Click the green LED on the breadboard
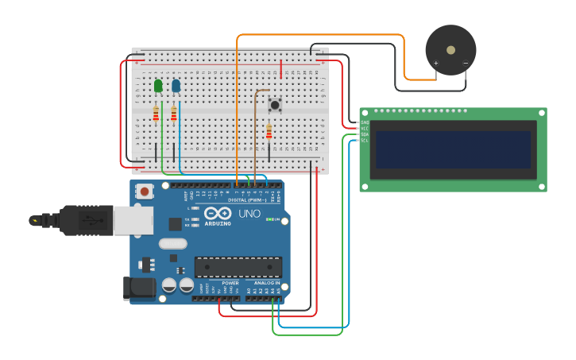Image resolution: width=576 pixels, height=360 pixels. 158,85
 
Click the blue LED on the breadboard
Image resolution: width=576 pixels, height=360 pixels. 176,85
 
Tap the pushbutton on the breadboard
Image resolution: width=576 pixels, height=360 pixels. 275,104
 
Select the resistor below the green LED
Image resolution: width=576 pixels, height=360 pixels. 156,115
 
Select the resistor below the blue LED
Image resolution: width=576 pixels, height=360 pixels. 173,115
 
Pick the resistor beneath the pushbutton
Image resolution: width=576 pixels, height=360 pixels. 269,132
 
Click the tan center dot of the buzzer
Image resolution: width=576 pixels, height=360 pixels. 450,50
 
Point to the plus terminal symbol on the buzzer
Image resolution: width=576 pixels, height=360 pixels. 435,63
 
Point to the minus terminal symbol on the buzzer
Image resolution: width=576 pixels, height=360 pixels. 466,63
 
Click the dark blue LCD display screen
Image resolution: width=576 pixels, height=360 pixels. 453,149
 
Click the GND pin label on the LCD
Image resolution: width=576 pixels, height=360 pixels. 365,122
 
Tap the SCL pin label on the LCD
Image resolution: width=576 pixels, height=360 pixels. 365,141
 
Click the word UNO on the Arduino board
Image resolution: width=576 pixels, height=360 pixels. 249,213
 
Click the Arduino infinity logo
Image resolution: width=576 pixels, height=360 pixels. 218,213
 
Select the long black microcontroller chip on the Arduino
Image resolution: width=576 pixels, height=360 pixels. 238,267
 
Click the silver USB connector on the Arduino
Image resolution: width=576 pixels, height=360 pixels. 133,220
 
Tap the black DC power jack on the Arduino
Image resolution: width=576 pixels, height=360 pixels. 139,288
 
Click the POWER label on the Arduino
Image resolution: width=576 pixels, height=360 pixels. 230,283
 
